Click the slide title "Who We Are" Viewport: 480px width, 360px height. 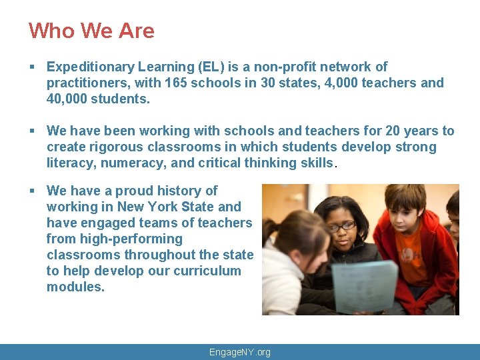[x=91, y=31]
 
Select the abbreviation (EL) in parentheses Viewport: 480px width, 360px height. [x=210, y=67]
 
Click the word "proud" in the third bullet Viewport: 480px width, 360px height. [x=133, y=191]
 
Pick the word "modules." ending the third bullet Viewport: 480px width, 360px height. [x=75, y=287]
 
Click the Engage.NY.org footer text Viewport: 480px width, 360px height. [x=240, y=352]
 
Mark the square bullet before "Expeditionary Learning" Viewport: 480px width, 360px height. [x=33, y=67]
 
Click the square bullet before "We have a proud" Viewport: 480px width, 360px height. [x=33, y=191]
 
